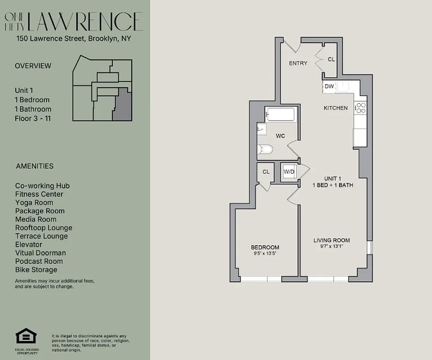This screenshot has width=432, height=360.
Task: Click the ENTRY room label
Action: coord(298,63)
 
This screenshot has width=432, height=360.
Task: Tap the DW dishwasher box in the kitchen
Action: coord(329,86)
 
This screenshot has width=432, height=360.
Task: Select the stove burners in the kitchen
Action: coord(361,108)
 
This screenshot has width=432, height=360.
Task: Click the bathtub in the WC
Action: coord(280,115)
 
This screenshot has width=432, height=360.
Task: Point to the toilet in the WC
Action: coord(265,149)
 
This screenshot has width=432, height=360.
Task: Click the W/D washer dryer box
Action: coord(289,171)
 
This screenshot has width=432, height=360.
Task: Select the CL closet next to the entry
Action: coord(331,59)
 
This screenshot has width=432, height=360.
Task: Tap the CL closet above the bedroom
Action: coord(266,172)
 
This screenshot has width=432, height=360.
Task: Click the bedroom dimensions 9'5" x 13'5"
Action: coord(265,253)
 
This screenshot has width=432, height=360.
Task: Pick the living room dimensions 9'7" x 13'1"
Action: coord(331,246)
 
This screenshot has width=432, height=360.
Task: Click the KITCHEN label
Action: coord(336,108)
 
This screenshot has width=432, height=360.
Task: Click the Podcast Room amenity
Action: coord(39,261)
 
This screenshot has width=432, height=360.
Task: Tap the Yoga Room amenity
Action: coord(34,202)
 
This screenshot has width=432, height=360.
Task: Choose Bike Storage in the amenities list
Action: coord(36,270)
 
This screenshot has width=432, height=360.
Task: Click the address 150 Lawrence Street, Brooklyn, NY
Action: coord(74,39)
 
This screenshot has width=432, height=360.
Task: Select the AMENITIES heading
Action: coord(34,166)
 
